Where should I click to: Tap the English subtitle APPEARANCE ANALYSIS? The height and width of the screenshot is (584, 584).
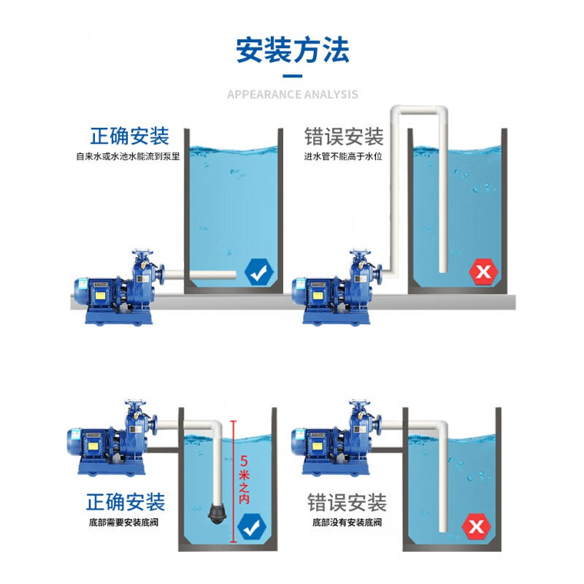point(292,94)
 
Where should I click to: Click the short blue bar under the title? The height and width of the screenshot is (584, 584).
point(292,75)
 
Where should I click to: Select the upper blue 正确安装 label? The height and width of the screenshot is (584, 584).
point(129,137)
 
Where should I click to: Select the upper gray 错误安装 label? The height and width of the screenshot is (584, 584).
point(344,137)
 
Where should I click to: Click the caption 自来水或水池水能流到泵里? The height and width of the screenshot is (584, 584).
point(128,155)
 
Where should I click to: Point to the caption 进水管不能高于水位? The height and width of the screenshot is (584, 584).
point(344,155)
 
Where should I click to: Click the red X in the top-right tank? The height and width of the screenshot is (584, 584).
point(483,273)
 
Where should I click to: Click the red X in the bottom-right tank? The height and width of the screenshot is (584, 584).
point(477,526)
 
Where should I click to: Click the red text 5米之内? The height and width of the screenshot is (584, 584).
point(244,478)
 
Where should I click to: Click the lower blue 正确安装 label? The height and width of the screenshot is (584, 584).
point(126,502)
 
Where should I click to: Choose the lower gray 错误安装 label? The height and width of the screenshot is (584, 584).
point(347,502)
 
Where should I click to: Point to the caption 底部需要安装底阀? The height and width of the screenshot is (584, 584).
point(126,523)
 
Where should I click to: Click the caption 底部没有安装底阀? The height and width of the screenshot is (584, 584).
point(347,523)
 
